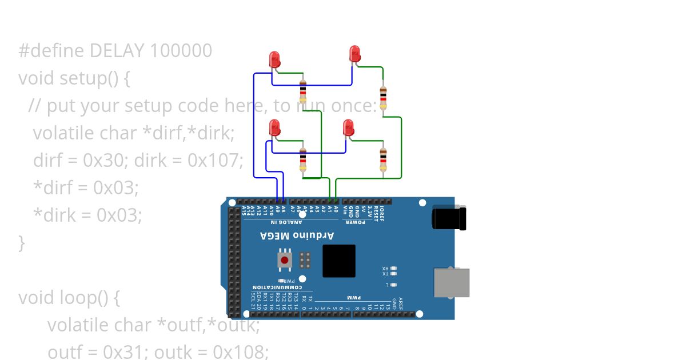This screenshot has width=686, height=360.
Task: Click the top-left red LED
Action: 274,59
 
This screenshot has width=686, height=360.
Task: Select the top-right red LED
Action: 355,54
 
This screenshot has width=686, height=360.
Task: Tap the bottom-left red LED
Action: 274,127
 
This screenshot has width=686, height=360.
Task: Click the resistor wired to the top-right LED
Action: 383,97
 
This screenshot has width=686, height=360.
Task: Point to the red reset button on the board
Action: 285,259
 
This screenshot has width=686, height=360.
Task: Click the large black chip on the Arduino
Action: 339,261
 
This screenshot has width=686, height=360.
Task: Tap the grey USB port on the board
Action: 452,283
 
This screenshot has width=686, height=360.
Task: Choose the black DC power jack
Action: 449,218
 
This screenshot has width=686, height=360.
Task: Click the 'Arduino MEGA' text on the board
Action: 297,235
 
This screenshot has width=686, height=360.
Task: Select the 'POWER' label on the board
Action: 356,222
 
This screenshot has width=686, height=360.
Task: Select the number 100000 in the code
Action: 181,51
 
